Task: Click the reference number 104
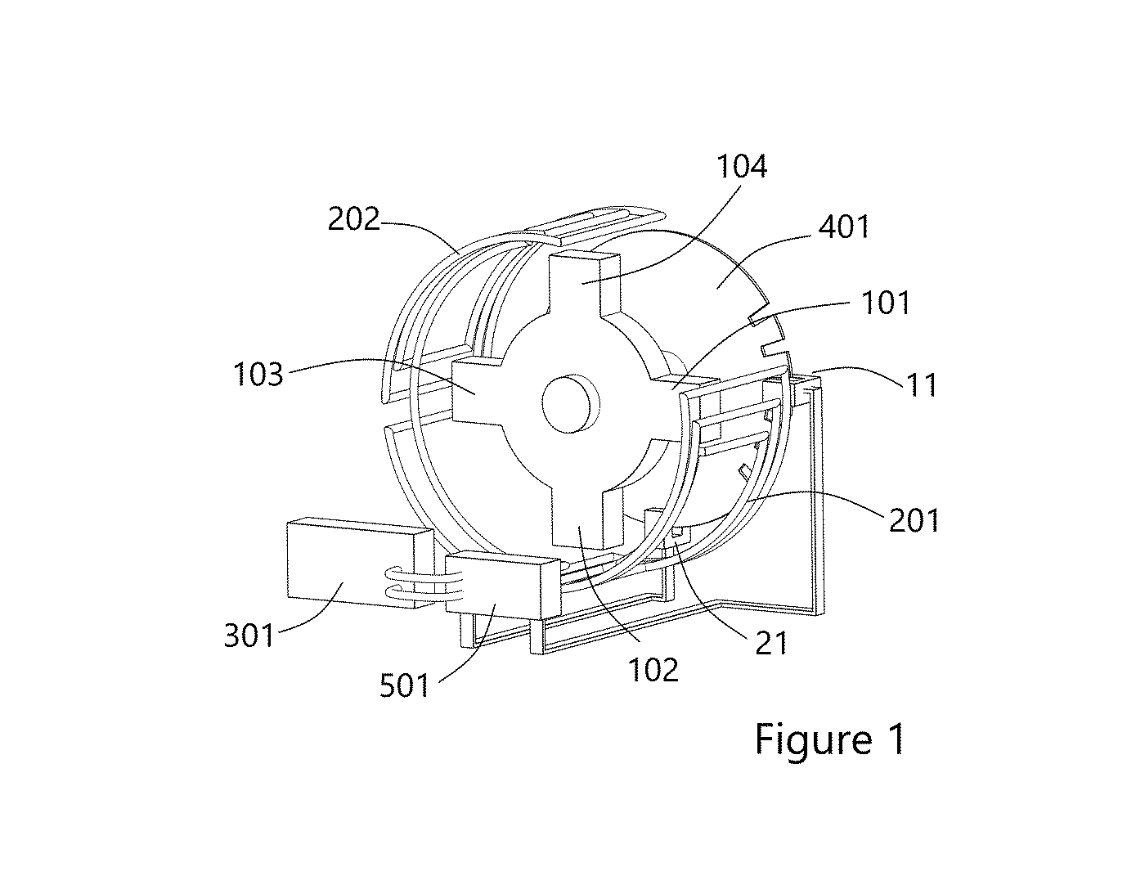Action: point(741,167)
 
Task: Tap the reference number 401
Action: point(844,227)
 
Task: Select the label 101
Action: point(885,303)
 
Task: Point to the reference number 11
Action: point(922,384)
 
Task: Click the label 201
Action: point(914,520)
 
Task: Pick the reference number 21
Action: point(771,643)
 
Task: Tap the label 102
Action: point(654,670)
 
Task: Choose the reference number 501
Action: point(404,686)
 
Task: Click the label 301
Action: point(249,635)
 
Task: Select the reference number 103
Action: point(258,374)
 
